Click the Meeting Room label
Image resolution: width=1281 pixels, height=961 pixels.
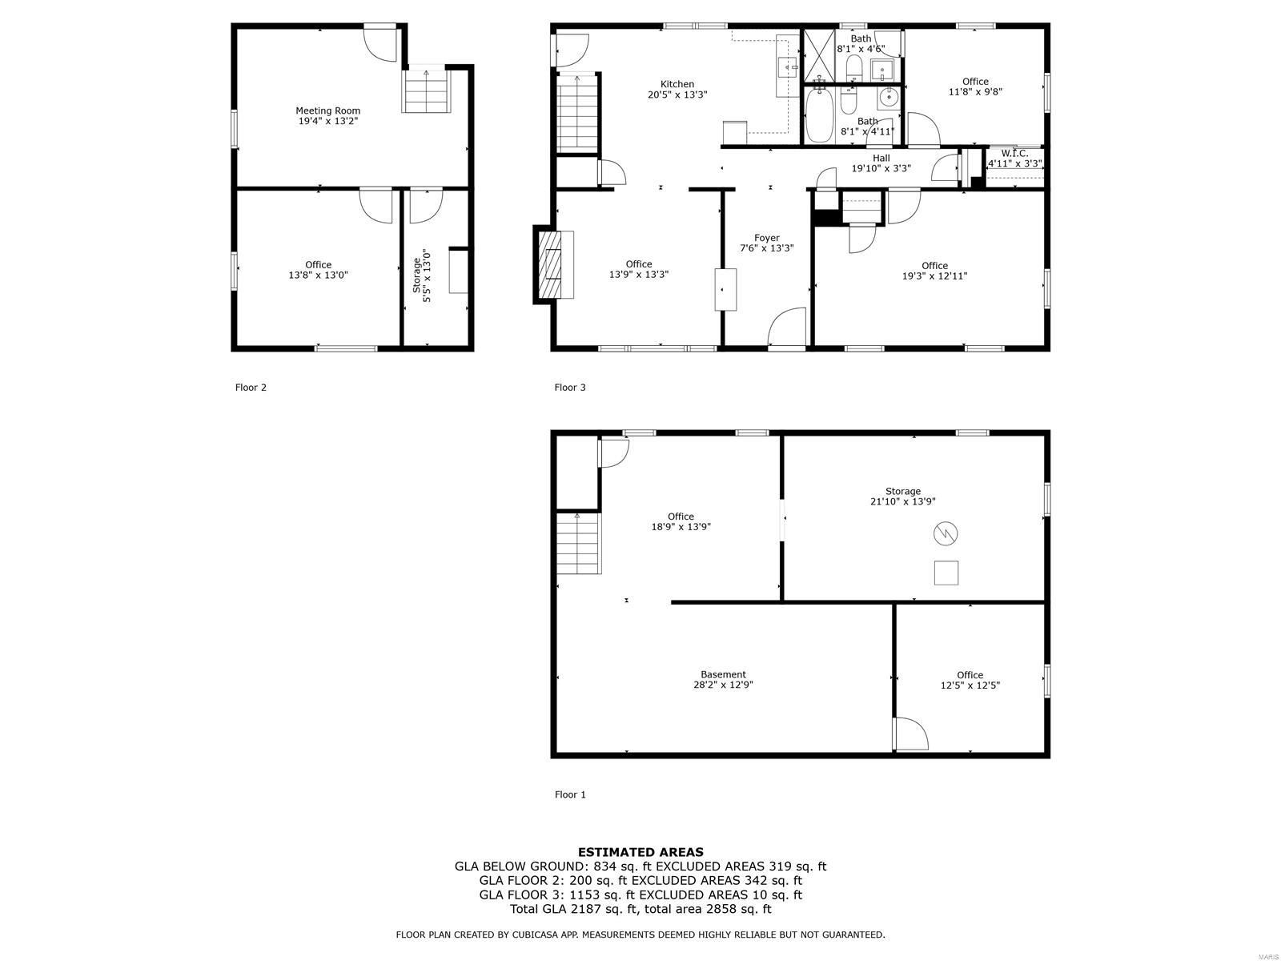pyautogui.click(x=327, y=111)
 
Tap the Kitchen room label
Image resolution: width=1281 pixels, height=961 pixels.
pyautogui.click(x=677, y=84)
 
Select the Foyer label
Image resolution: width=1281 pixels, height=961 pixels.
pyautogui.click(x=766, y=238)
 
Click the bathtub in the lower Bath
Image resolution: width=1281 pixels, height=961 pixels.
pyautogui.click(x=819, y=115)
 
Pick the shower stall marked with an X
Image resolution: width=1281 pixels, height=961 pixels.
pyautogui.click(x=819, y=55)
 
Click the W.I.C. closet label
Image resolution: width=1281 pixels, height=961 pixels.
pyautogui.click(x=1014, y=154)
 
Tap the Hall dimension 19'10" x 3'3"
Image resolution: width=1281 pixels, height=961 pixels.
pyautogui.click(x=881, y=169)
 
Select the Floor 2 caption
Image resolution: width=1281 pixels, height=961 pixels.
pyautogui.click(x=251, y=388)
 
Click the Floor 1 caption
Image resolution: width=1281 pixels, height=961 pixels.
pyautogui.click(x=569, y=794)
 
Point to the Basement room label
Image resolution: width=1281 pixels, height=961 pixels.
pyautogui.click(x=723, y=674)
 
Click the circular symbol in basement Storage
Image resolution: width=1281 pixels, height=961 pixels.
pyautogui.click(x=945, y=533)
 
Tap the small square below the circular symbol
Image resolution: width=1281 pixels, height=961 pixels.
pyautogui.click(x=946, y=573)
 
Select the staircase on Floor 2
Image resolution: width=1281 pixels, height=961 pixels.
pyautogui.click(x=426, y=91)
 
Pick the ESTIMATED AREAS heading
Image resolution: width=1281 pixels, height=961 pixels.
pyautogui.click(x=640, y=852)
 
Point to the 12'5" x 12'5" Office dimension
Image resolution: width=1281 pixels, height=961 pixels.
pyautogui.click(x=970, y=685)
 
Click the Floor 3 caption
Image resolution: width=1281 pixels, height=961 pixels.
pyautogui.click(x=569, y=388)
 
